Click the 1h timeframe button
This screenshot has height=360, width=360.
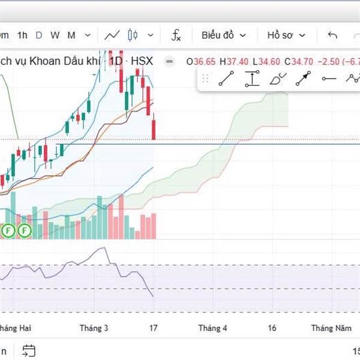pos(22,35)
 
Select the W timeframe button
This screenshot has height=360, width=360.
pos(55,35)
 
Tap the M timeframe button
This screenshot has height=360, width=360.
pos(71,35)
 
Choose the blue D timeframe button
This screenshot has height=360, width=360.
pos(39,35)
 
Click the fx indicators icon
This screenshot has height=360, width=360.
pos(176,35)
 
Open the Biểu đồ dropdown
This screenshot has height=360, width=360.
pos(223,35)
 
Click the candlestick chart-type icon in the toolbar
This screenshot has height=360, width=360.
pos(133,35)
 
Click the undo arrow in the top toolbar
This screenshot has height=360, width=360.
pos(332,35)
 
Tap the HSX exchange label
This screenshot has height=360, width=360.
pos(142,61)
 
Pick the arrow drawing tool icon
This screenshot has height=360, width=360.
pos(304,79)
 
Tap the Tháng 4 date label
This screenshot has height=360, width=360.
pos(213,328)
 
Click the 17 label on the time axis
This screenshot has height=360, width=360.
pos(154,328)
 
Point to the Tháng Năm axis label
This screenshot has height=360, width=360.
pos(331,328)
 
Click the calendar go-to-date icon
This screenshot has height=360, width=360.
pos(29,350)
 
